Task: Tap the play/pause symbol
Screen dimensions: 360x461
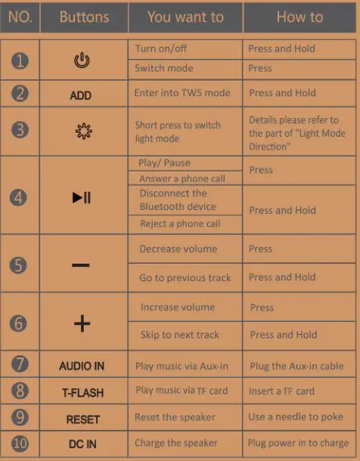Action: (x=82, y=198)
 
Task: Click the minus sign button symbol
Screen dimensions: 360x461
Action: (x=81, y=265)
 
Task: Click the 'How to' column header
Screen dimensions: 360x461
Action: (x=299, y=17)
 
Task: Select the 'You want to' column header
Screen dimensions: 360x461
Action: (x=185, y=17)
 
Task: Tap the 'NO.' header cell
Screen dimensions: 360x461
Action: (x=20, y=17)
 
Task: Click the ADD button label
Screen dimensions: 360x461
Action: (x=81, y=95)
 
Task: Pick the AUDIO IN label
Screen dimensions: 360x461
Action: (x=82, y=367)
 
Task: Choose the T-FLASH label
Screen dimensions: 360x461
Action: (x=82, y=393)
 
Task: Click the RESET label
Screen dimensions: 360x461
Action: (x=83, y=419)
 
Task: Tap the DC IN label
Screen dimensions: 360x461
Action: (x=81, y=444)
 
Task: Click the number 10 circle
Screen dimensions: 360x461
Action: (x=20, y=443)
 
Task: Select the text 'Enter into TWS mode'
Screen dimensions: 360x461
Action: (x=182, y=93)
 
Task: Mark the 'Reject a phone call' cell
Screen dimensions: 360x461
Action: (x=180, y=224)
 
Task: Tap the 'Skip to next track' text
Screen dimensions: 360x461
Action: (x=180, y=335)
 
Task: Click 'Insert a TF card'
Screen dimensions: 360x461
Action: (x=281, y=391)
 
